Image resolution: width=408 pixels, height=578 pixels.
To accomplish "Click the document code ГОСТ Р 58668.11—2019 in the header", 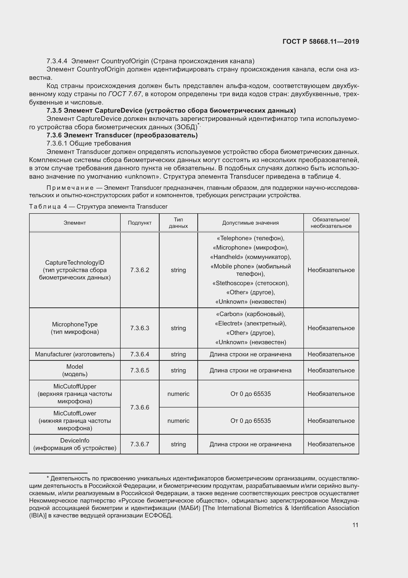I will (x=321, y=42).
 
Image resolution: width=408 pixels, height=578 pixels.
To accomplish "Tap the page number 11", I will (x=355, y=525).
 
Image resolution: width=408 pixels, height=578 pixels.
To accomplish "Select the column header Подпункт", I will (x=139, y=223).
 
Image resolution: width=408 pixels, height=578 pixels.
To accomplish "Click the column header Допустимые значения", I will (x=250, y=223).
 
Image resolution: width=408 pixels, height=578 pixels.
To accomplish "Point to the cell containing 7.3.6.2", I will (x=139, y=270).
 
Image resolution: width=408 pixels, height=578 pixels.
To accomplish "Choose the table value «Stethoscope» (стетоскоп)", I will (x=250, y=283).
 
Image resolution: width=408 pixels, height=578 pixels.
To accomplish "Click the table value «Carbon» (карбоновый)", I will (x=250, y=314).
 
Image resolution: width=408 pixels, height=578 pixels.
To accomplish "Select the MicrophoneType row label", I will (x=74, y=328).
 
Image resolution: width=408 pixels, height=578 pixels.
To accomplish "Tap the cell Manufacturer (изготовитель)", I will (x=74, y=354).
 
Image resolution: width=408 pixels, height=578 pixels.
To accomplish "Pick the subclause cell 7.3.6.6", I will (x=139, y=407).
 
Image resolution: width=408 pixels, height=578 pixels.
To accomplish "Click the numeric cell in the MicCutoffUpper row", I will (x=178, y=394).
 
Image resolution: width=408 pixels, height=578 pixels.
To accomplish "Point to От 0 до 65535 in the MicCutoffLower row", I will (x=250, y=421).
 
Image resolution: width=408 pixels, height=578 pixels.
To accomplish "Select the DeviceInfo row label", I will (x=74, y=444).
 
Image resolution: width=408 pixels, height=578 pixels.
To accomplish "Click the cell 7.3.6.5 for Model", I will (x=139, y=370).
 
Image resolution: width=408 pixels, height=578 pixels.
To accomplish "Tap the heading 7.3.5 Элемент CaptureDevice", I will (x=171, y=110).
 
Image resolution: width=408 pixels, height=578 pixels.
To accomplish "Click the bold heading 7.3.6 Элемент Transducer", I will (x=122, y=135).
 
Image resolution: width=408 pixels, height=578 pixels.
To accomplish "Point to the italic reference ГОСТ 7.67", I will (x=125, y=94).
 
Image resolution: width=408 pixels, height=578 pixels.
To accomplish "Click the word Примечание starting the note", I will (x=70, y=188).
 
